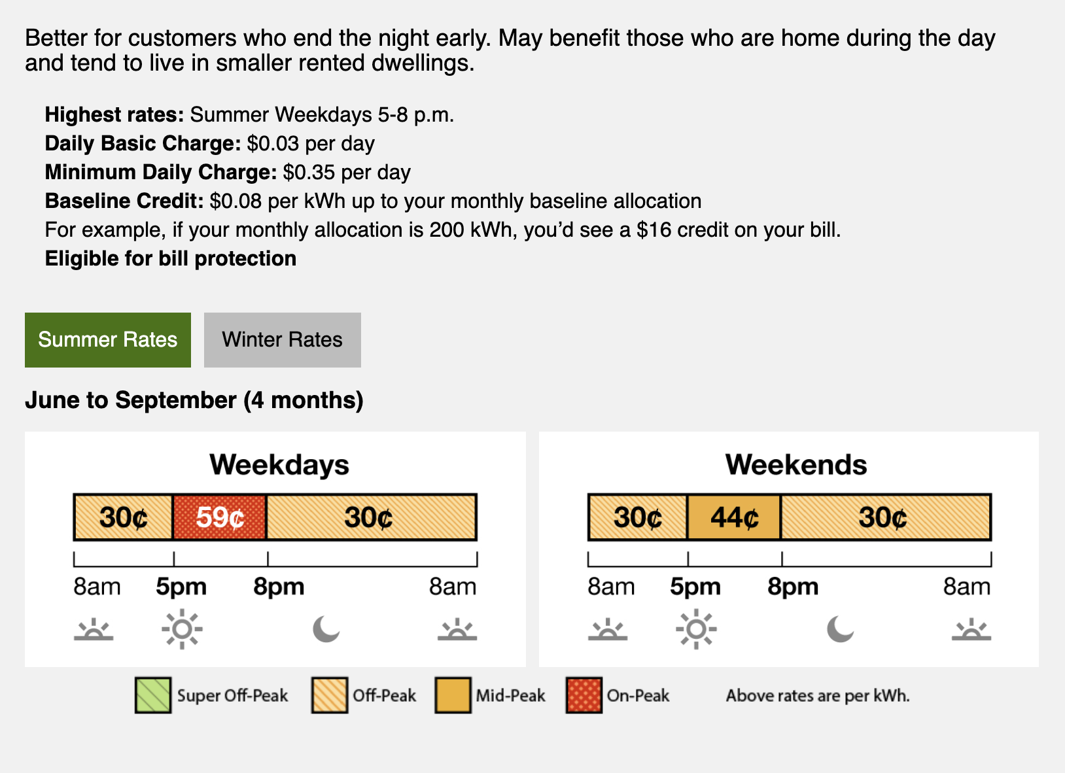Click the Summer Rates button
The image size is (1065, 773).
pos(108,339)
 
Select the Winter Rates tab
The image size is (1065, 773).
pos(283,339)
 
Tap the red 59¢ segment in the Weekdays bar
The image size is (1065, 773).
pos(220,517)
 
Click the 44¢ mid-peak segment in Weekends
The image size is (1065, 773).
pos(734,517)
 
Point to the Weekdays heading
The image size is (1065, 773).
pos(279,464)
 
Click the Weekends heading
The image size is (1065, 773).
pos(796,464)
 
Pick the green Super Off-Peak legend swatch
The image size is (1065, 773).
pos(152,695)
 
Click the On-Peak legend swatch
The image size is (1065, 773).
pos(584,695)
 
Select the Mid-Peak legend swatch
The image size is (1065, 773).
pos(453,695)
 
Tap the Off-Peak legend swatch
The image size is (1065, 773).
pos(330,695)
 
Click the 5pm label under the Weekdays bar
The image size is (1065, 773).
pos(181,587)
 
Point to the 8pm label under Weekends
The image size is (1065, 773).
pos(793,587)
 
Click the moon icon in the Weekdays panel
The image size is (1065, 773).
pos(325,629)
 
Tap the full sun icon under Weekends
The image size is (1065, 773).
pos(696,629)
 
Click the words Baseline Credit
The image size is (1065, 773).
pos(124,201)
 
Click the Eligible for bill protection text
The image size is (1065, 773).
pos(171,259)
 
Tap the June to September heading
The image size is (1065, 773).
pos(194,400)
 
